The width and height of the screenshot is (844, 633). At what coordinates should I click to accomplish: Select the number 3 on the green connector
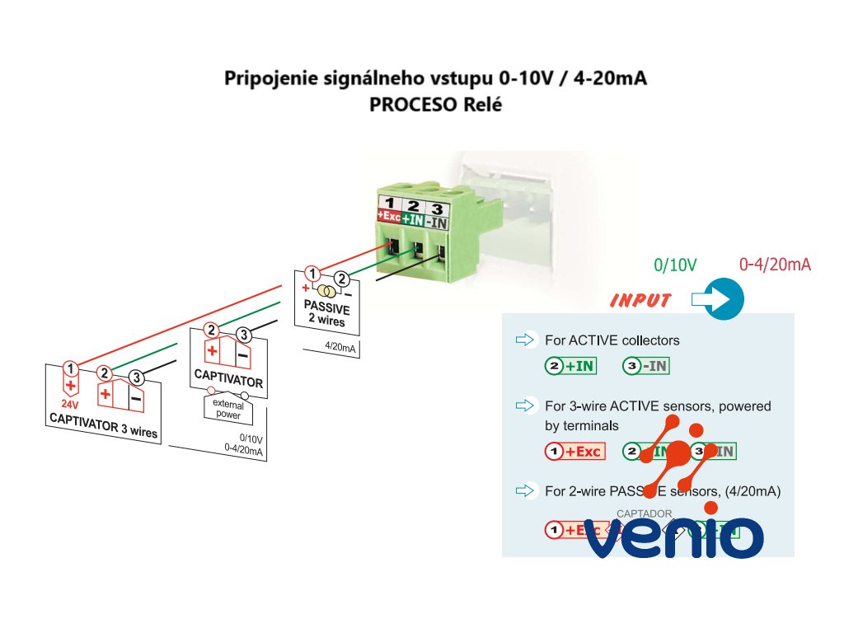(439, 205)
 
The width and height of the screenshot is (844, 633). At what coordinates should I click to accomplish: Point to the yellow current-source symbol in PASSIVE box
(326, 291)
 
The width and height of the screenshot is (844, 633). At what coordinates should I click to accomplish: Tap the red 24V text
(70, 404)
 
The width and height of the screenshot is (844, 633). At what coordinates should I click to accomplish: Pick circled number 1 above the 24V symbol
(72, 368)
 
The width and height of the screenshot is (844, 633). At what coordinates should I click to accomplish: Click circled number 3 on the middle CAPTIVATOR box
(243, 335)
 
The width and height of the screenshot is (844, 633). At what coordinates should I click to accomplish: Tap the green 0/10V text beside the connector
(675, 265)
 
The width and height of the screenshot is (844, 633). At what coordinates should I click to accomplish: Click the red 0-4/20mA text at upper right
(775, 265)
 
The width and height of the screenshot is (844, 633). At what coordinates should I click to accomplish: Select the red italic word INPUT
(640, 301)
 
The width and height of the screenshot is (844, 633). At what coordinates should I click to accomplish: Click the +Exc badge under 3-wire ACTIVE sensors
(575, 451)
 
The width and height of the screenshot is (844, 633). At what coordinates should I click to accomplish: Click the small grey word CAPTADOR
(644, 513)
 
